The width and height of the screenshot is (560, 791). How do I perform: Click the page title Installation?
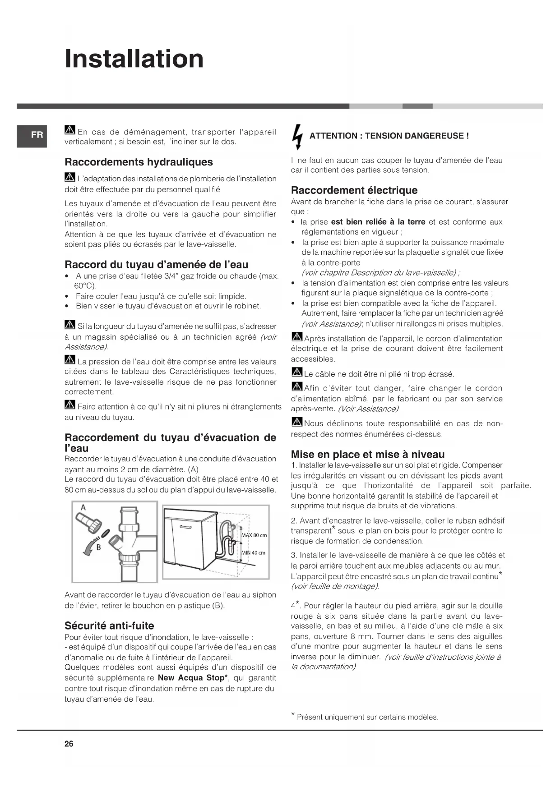click(134, 59)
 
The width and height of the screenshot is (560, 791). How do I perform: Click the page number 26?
click(69, 744)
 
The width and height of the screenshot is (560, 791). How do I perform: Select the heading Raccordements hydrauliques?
click(139, 162)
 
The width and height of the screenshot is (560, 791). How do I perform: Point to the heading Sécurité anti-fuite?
click(109, 625)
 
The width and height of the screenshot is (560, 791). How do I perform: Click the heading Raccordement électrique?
click(354, 190)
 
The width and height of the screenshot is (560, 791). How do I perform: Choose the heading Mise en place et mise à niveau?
click(368, 454)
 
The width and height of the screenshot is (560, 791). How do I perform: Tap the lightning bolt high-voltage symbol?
click(297, 136)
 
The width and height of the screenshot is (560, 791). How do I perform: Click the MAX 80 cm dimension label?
click(254, 535)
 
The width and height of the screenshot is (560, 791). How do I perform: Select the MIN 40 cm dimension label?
click(253, 553)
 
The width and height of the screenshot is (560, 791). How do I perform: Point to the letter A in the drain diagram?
click(83, 508)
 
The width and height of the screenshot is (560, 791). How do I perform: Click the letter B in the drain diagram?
click(98, 547)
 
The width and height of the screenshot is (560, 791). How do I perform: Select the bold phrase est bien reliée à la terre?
click(378, 222)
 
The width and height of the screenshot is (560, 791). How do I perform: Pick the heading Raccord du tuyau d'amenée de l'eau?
click(156, 264)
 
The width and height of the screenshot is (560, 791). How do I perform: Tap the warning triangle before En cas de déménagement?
click(69, 131)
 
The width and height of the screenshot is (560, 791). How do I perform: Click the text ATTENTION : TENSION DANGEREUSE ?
click(389, 136)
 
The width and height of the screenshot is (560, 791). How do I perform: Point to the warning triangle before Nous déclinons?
click(296, 423)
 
